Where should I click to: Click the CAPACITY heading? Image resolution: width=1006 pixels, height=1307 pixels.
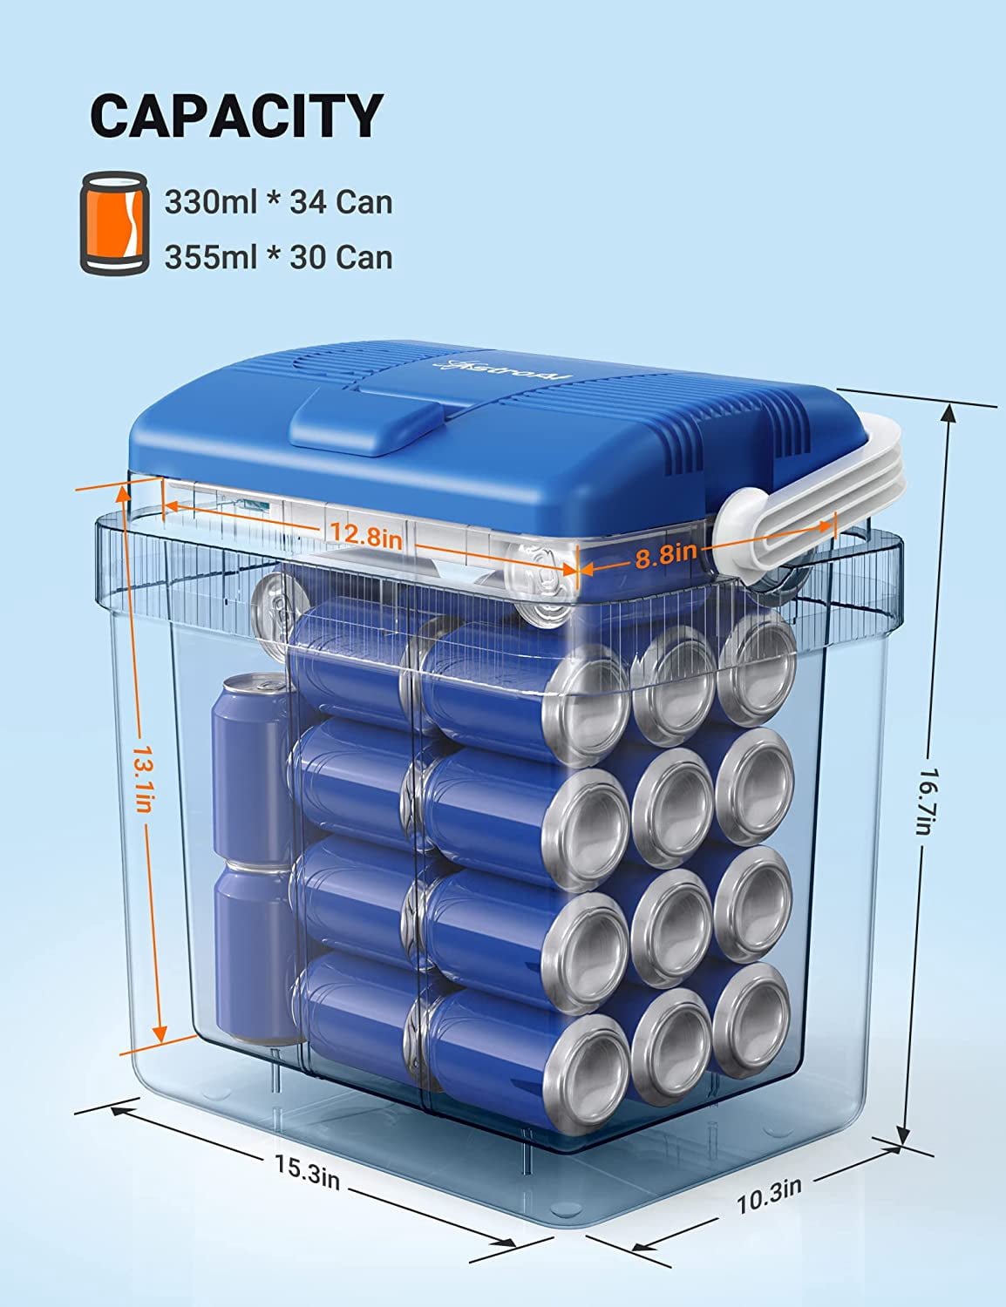236,116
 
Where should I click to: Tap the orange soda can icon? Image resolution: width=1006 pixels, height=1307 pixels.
114,222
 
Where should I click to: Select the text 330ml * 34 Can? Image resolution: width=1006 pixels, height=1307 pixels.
279,202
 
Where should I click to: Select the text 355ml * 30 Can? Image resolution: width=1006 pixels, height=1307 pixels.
279,257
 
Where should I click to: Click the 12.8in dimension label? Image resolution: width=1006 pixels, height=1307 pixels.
366,534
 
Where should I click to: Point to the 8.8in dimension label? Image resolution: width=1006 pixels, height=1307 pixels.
665,555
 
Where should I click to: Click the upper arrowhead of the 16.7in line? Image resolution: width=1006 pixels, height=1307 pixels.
949,415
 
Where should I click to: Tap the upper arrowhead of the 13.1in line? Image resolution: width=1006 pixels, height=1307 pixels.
123,494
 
